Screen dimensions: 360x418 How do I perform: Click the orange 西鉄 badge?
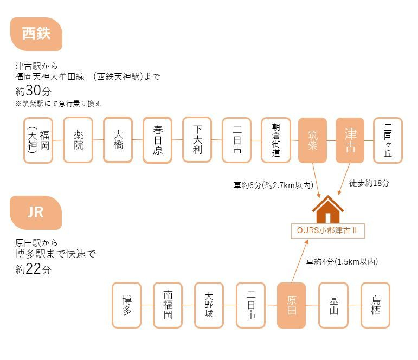click(x=36, y=34)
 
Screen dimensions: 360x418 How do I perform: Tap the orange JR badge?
click(x=35, y=212)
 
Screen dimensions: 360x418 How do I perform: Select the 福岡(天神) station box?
click(x=38, y=140)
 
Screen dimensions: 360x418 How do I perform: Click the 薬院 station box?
click(x=78, y=140)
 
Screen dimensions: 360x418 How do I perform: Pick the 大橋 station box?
click(x=118, y=140)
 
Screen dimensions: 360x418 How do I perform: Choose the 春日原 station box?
click(x=158, y=140)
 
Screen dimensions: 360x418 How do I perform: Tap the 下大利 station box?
click(x=197, y=140)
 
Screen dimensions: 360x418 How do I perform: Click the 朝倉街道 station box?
click(x=276, y=140)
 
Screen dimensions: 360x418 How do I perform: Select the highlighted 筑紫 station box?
click(x=312, y=140)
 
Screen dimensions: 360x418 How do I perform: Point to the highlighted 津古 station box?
click(x=350, y=140)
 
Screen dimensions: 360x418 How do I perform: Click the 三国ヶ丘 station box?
click(x=388, y=140)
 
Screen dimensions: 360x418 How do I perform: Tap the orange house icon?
click(x=328, y=210)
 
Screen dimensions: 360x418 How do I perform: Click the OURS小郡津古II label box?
click(x=327, y=230)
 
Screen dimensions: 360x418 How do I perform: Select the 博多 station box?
click(x=127, y=305)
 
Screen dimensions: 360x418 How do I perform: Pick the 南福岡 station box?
click(x=168, y=305)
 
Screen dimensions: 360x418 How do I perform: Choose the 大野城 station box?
click(x=209, y=305)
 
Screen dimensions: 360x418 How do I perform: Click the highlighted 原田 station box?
click(x=292, y=305)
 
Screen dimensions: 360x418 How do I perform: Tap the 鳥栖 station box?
click(x=375, y=305)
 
